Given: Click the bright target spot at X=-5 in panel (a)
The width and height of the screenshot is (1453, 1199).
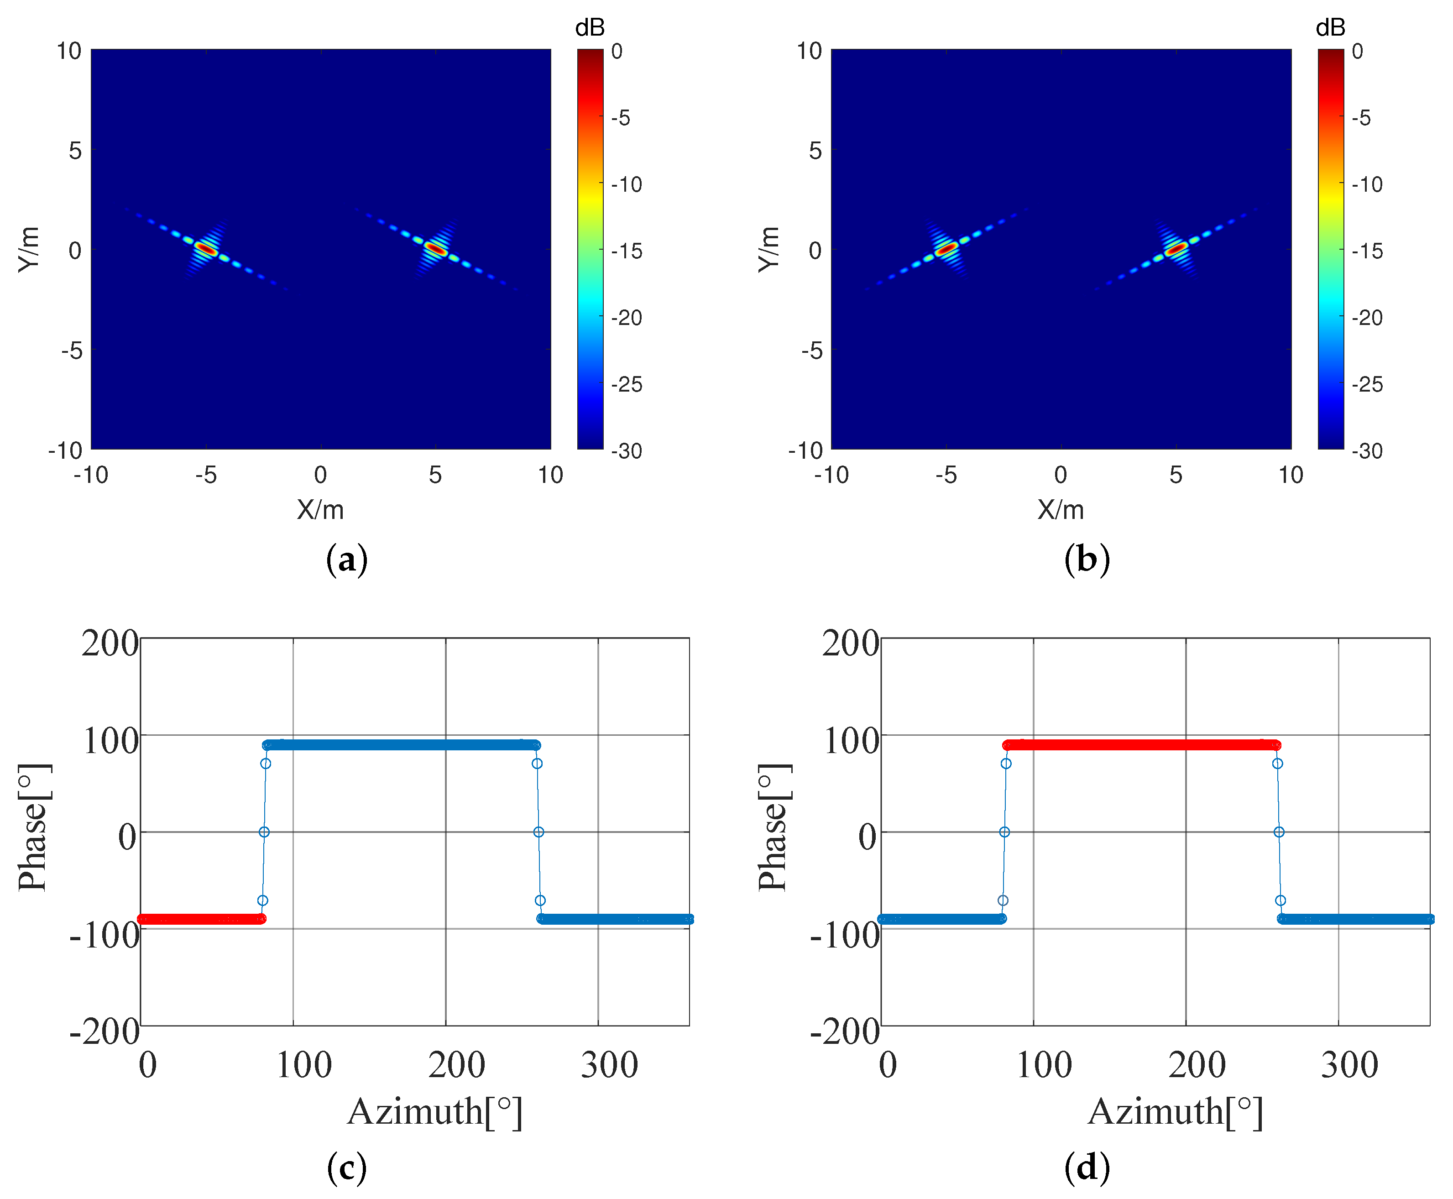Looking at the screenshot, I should (206, 249).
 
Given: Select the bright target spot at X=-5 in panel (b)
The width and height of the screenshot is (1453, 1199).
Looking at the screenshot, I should (946, 249).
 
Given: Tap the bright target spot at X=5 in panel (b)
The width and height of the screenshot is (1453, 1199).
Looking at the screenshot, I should (1176, 249).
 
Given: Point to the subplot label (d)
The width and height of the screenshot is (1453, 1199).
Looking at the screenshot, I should (1087, 1167).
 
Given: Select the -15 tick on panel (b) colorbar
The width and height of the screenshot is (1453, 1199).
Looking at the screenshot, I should (1367, 251).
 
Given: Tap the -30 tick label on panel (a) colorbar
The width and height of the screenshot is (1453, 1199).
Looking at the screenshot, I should (627, 451).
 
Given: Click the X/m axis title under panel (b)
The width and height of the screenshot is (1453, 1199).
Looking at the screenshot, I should (1061, 510).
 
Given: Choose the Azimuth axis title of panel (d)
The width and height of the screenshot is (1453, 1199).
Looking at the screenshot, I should (1176, 1112).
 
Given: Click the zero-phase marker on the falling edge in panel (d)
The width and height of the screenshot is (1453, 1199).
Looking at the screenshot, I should (1279, 832).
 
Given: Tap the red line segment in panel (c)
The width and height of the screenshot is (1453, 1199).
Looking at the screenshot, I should (200, 919).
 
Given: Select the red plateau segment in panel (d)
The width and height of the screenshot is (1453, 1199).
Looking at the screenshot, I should (1139, 744).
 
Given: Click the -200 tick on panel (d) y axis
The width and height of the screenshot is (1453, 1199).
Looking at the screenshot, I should (844, 1032).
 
